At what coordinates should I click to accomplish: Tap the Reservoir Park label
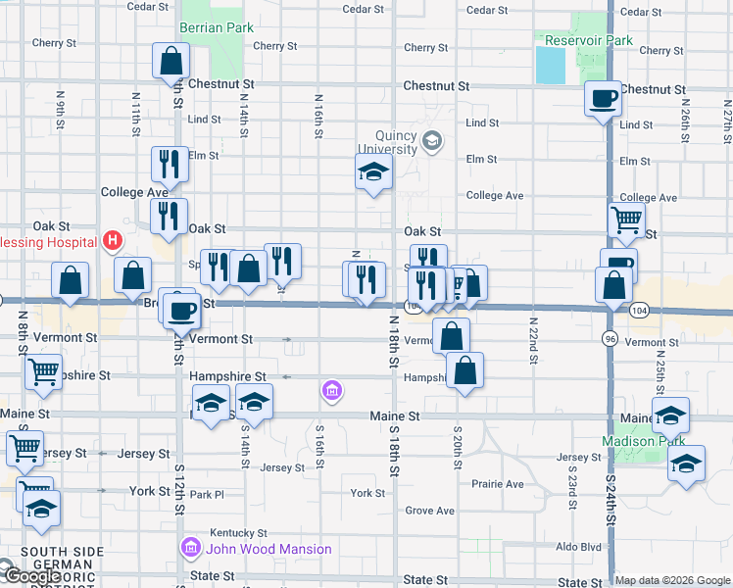(590, 41)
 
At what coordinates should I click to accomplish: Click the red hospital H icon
(113, 240)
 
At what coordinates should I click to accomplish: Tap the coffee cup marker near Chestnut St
(603, 99)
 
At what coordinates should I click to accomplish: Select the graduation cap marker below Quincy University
(373, 172)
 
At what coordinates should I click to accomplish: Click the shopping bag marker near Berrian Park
(171, 63)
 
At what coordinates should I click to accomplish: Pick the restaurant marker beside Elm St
(169, 166)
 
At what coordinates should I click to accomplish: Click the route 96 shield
(610, 337)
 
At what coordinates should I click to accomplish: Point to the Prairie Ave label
(498, 484)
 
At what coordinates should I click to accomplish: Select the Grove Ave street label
(430, 511)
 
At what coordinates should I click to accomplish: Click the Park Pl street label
(207, 495)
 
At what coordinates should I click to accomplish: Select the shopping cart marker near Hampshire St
(43, 373)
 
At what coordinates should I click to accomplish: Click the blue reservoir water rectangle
(551, 66)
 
